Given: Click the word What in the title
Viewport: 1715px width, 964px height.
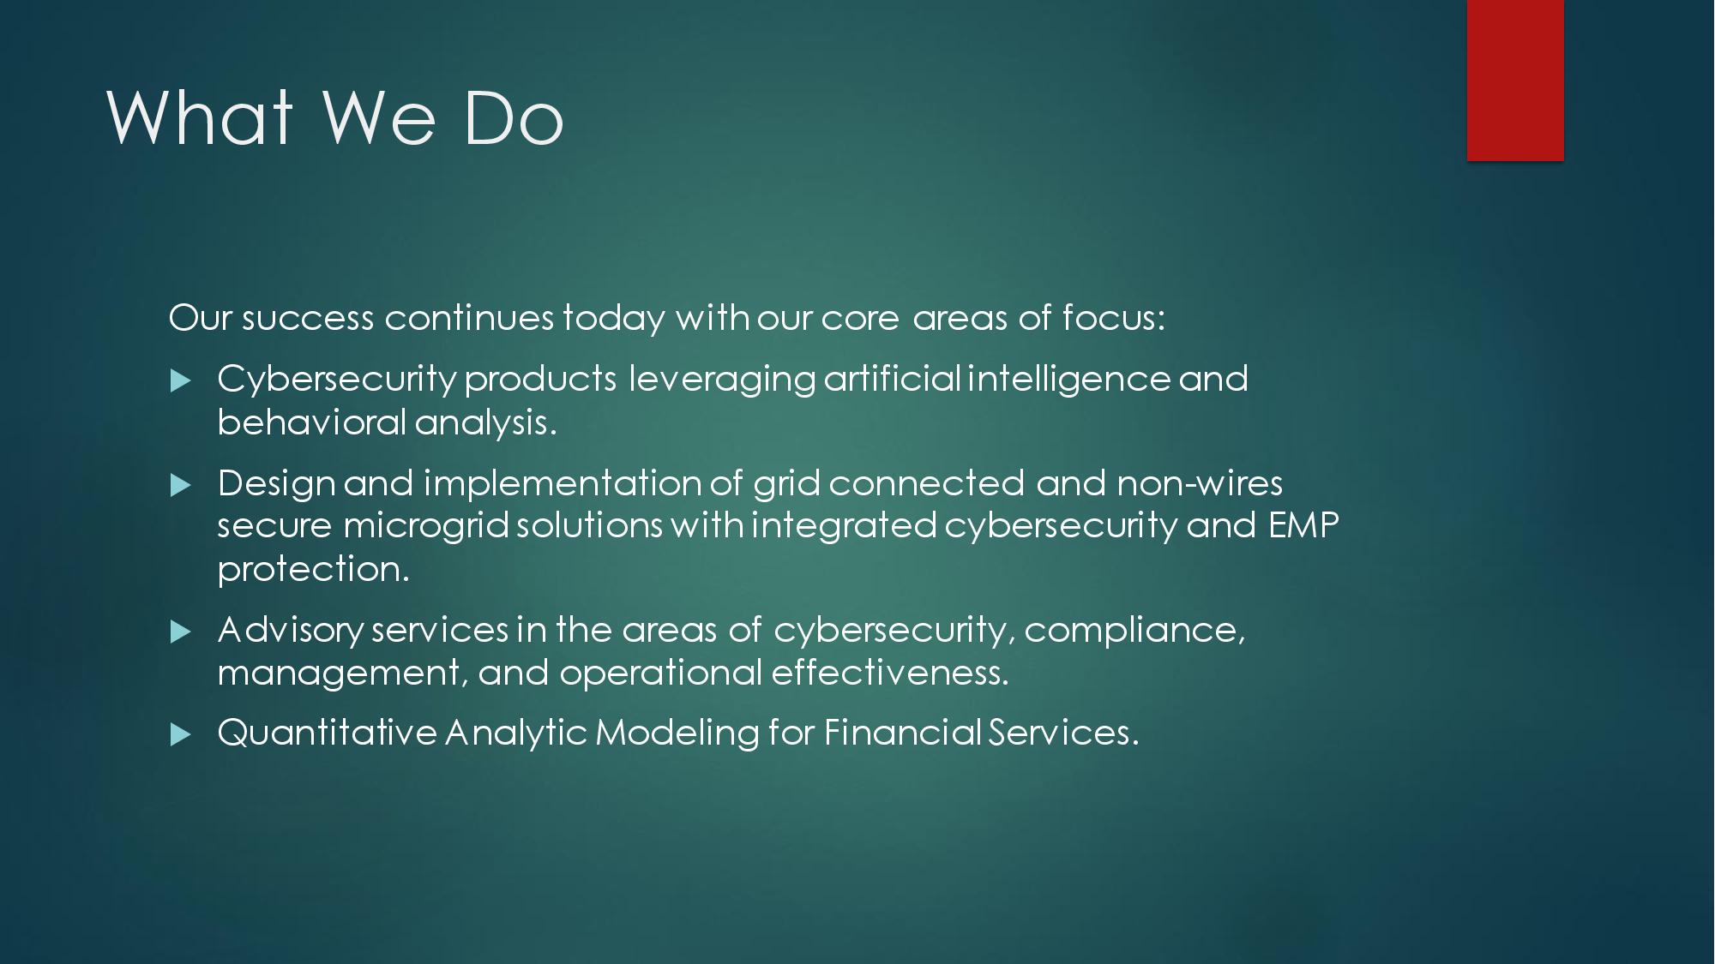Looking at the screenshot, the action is (199, 117).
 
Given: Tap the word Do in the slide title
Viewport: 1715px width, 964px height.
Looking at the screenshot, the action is (513, 117).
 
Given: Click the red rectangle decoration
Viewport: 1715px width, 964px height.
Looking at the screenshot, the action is (1515, 80).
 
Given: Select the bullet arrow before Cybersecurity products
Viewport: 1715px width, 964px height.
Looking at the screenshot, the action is (180, 380).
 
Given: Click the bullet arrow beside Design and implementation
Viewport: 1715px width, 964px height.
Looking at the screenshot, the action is (180, 486).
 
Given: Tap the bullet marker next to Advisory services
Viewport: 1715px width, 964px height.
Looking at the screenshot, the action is (180, 632).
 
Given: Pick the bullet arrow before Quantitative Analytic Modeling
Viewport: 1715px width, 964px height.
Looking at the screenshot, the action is (180, 734).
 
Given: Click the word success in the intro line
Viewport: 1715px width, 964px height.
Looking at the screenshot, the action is (308, 319).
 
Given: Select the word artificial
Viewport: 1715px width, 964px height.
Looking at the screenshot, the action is (892, 379).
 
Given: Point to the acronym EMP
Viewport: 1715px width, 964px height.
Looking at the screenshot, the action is (1303, 525).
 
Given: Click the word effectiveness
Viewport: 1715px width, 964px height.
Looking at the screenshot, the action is (890, 672).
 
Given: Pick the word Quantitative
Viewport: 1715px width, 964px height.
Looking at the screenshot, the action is (328, 733).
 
